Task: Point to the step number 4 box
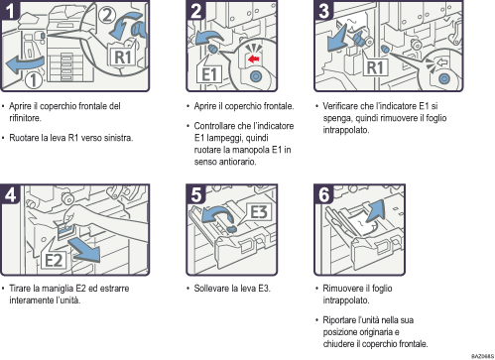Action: tap(12, 195)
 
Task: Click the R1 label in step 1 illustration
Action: tap(120, 57)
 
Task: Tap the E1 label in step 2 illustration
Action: tap(210, 74)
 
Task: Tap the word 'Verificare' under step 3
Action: tap(343, 105)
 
